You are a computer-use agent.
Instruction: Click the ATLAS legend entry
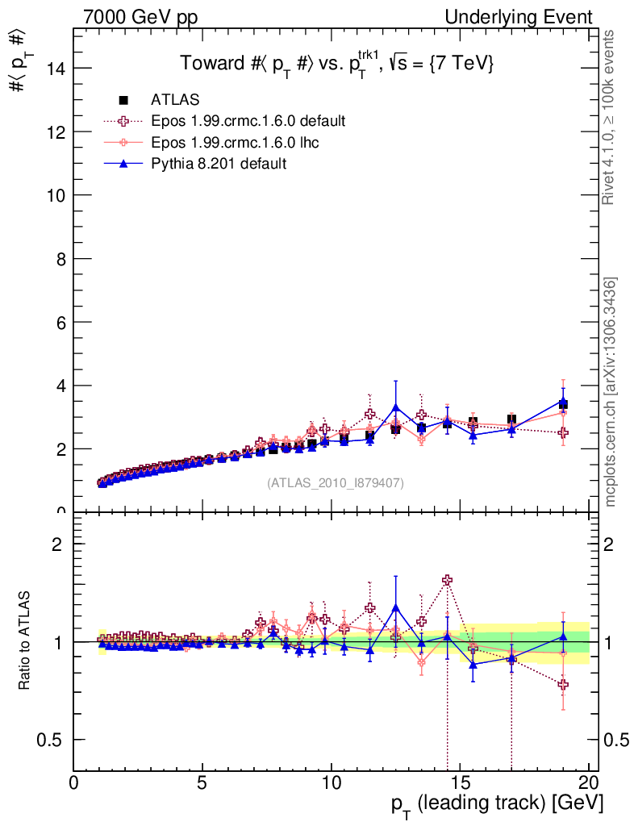(x=175, y=100)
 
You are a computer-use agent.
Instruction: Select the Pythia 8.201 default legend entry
(x=218, y=164)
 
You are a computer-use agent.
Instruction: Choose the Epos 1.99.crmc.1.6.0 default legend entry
(x=248, y=121)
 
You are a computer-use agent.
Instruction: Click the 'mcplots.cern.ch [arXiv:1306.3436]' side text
(x=611, y=392)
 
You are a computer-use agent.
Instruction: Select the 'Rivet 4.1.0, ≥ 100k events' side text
(x=611, y=118)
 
